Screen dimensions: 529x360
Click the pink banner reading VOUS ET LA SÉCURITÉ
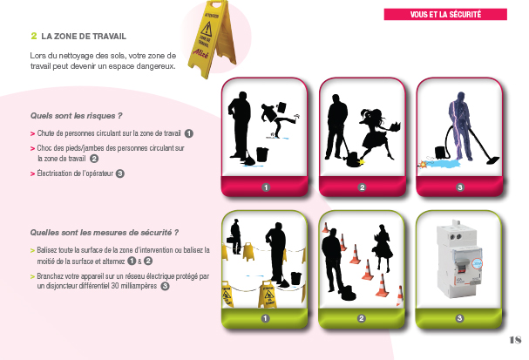pyautogui.click(x=445, y=15)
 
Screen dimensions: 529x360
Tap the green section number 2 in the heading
pyautogui.click(x=34, y=36)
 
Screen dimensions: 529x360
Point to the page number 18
pyautogui.click(x=515, y=340)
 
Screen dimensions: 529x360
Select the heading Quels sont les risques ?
pyautogui.click(x=76, y=116)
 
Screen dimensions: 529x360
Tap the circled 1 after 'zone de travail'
pyautogui.click(x=189, y=133)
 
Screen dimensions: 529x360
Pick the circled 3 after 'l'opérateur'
pyautogui.click(x=120, y=173)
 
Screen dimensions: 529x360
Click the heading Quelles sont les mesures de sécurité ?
pyautogui.click(x=105, y=233)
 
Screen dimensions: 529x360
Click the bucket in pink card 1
pyautogui.click(x=262, y=154)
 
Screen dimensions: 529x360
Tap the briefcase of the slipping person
pyautogui.click(x=281, y=107)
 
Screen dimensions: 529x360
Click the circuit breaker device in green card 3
pyautogui.click(x=459, y=260)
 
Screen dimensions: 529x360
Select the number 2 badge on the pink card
pyautogui.click(x=362, y=187)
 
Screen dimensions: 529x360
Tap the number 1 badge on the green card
pyautogui.click(x=265, y=318)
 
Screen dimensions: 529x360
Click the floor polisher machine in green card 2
pyautogui.click(x=348, y=292)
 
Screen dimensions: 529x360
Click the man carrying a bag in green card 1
pyautogui.click(x=235, y=236)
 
